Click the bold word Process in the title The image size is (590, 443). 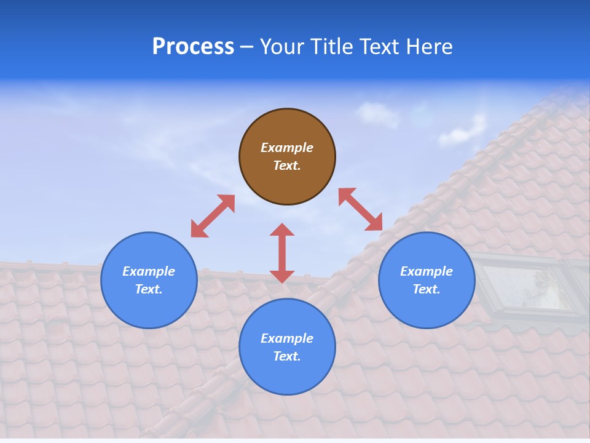(193, 47)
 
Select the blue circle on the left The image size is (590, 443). (149, 308)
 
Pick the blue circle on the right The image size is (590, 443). (427, 308)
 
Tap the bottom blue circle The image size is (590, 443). (287, 375)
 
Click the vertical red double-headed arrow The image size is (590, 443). (282, 253)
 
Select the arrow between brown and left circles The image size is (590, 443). (213, 216)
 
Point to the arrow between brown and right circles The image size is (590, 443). (361, 209)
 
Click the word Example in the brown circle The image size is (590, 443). (287, 148)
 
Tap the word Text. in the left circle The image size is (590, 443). (149, 289)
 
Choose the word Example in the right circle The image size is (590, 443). (427, 271)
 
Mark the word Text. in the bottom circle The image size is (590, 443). (287, 356)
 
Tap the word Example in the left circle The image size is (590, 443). (149, 271)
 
